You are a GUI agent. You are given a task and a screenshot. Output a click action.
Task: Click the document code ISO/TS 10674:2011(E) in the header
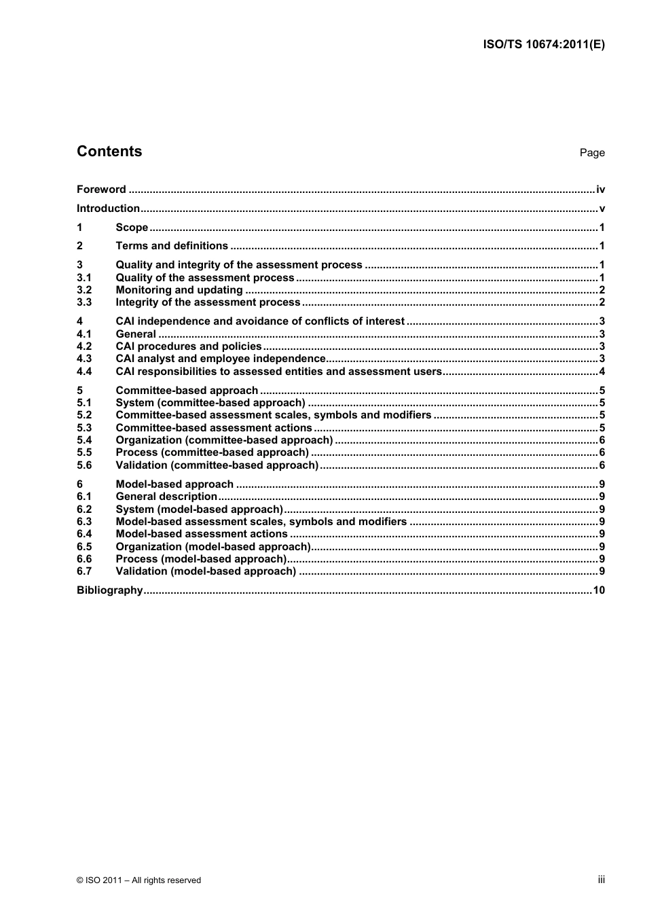543,45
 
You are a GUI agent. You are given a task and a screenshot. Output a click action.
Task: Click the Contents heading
109,151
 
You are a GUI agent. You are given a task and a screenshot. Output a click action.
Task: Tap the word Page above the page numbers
591,153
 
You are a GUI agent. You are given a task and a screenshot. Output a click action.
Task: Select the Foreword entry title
101,190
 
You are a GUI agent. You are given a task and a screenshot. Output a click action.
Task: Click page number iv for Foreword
600,190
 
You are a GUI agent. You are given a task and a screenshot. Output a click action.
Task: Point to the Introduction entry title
108,209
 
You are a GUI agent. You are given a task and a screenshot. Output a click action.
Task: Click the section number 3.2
84,290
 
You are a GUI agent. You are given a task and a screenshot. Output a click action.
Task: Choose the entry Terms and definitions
172,246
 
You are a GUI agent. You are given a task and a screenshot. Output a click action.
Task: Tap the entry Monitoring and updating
179,290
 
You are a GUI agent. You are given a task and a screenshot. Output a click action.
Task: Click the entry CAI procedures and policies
189,346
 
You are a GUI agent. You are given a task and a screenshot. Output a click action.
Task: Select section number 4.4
84,372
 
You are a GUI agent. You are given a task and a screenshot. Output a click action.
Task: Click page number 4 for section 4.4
602,372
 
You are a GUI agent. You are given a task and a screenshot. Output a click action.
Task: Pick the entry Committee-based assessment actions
214,428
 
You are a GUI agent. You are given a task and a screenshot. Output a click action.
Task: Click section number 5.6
84,465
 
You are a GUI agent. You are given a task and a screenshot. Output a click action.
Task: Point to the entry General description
166,497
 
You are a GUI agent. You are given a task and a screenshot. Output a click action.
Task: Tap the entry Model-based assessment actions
202,534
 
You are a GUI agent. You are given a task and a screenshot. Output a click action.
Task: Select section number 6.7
84,571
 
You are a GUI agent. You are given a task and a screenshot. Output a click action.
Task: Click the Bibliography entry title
110,590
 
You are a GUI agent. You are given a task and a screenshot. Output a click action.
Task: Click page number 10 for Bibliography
599,590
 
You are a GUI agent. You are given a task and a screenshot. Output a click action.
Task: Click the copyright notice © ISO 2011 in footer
139,880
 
